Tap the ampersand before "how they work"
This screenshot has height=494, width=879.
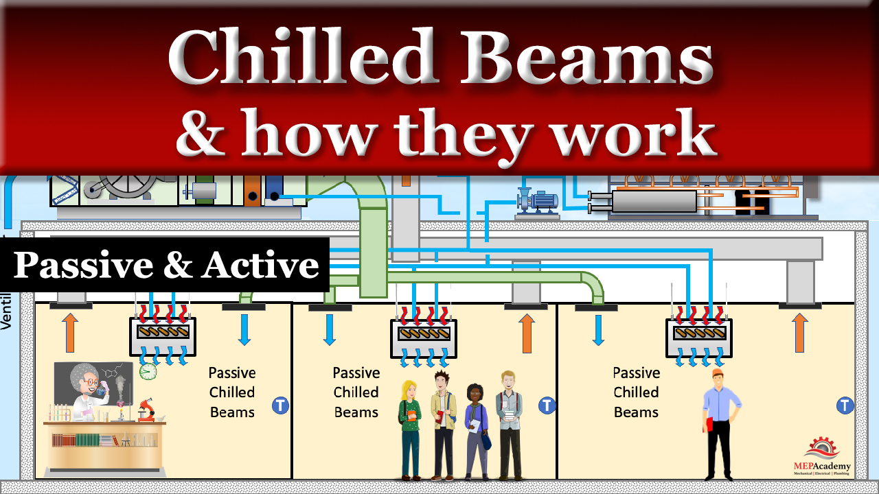point(202,133)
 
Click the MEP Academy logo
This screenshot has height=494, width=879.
point(821,456)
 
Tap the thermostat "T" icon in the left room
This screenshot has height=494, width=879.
point(280,405)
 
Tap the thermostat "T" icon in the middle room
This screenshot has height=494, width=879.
point(547,405)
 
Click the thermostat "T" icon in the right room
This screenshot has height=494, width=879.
point(845,405)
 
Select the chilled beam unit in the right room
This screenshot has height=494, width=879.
point(699,336)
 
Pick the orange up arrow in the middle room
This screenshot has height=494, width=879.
point(527,333)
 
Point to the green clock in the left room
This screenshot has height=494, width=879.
point(148,371)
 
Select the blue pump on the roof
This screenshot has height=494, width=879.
point(537,200)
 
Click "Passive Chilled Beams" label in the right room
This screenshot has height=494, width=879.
point(636,392)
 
